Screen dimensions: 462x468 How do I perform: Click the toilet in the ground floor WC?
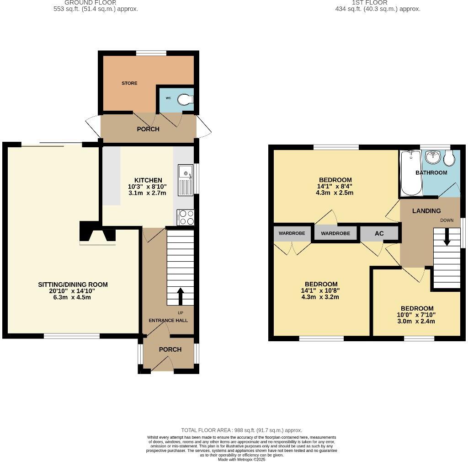pyautogui.click(x=185, y=99)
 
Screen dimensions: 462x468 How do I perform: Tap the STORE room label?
pyautogui.click(x=129, y=83)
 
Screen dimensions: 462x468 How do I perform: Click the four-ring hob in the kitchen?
pyautogui.click(x=186, y=217)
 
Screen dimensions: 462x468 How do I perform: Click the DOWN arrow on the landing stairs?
pyautogui.click(x=447, y=237)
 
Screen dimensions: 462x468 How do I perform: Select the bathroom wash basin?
pyautogui.click(x=432, y=157)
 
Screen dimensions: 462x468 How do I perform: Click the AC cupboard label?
pyautogui.click(x=379, y=233)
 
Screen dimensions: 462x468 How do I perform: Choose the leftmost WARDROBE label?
pyautogui.click(x=292, y=233)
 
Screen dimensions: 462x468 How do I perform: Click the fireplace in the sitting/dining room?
pyautogui.click(x=97, y=233)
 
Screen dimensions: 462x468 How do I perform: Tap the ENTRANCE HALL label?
pyautogui.click(x=168, y=320)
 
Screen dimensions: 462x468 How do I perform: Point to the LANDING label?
pyautogui.click(x=426, y=211)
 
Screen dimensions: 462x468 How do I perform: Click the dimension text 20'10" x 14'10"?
pyautogui.click(x=73, y=291)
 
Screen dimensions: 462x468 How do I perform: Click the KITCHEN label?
pyautogui.click(x=148, y=180)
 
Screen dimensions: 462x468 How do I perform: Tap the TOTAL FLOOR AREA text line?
pyautogui.click(x=241, y=430)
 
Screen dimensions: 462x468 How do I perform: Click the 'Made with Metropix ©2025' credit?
pyautogui.click(x=242, y=459)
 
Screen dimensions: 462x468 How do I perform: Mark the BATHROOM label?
pyautogui.click(x=431, y=172)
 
